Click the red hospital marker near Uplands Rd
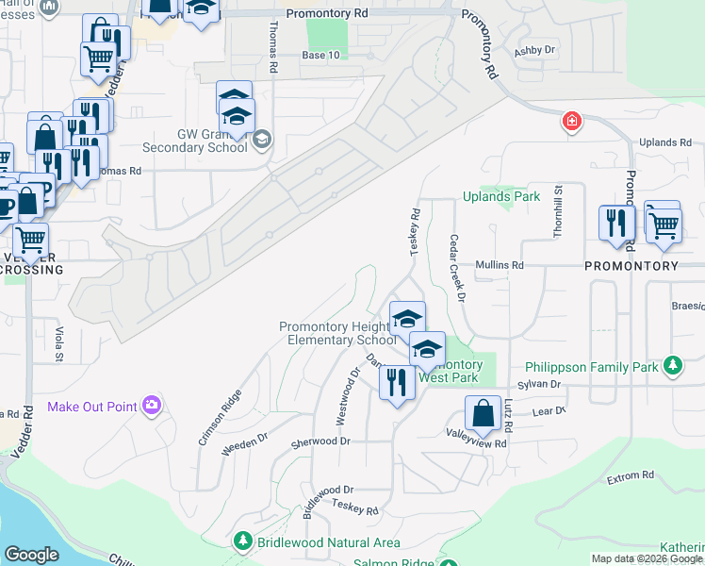[x=570, y=122]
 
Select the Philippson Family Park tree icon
[x=672, y=364]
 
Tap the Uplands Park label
[x=501, y=196]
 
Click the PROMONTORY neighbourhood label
[x=631, y=266]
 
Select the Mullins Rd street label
[x=499, y=266]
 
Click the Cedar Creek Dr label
[x=458, y=269]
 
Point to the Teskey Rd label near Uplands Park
[x=414, y=231]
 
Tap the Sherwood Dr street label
[x=320, y=441]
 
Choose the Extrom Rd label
[x=631, y=477]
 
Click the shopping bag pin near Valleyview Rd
[x=483, y=413]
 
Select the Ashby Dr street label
[x=535, y=51]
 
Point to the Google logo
[x=31, y=555]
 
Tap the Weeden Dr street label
[x=245, y=444]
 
